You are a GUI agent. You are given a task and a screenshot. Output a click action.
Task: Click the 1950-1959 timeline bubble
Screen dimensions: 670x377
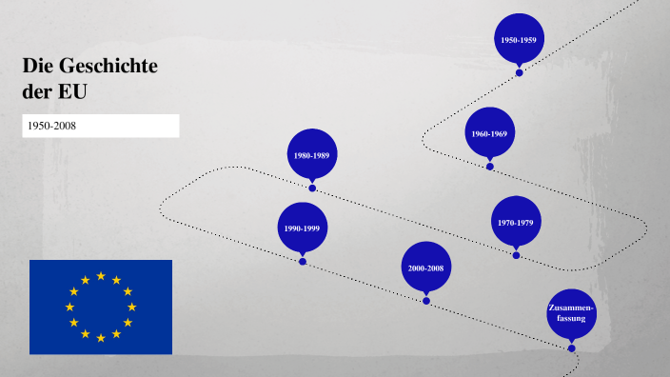click(x=519, y=39)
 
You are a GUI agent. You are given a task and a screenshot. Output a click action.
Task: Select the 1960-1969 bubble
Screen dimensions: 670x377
click(x=490, y=133)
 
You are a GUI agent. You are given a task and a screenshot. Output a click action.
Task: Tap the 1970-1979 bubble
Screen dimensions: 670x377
click(x=516, y=222)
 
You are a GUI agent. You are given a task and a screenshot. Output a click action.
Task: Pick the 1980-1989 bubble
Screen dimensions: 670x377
click(x=312, y=154)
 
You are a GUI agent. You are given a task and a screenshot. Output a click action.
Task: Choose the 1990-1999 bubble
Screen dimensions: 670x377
click(x=303, y=228)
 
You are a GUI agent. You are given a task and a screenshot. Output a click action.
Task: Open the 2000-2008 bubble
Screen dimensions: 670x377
click(x=426, y=268)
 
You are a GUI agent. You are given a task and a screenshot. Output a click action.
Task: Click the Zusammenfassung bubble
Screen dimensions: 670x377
click(x=572, y=313)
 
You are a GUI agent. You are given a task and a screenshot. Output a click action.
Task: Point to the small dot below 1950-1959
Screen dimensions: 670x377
click(x=520, y=72)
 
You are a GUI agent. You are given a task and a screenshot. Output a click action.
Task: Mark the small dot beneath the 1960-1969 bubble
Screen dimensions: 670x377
click(x=490, y=167)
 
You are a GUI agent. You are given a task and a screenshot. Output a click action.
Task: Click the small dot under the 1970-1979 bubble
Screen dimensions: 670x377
click(x=517, y=255)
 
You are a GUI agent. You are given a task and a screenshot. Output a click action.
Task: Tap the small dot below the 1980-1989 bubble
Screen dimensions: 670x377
click(x=312, y=188)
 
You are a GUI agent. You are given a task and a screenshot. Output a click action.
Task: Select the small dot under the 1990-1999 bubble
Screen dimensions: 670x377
click(x=303, y=261)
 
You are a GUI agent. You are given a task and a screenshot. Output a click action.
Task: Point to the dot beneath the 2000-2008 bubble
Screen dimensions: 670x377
click(x=426, y=301)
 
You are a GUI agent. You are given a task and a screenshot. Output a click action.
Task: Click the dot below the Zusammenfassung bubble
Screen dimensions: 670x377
click(x=572, y=347)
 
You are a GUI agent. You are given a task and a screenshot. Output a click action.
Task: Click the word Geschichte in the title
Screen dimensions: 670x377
click(x=108, y=67)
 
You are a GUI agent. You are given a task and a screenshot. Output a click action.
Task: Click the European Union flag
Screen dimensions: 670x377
click(x=101, y=307)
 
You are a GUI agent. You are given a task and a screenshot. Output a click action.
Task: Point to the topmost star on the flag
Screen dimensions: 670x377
click(x=101, y=276)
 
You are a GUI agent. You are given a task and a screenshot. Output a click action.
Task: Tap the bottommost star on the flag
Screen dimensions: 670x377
click(x=101, y=338)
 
